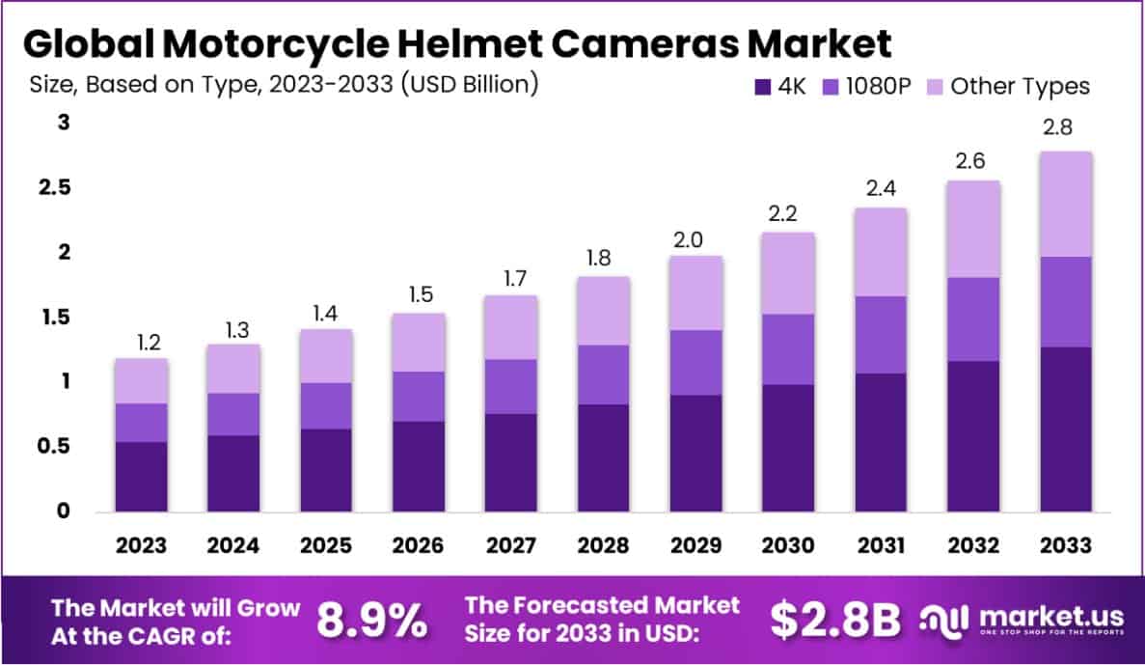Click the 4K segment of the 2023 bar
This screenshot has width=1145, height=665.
point(141,476)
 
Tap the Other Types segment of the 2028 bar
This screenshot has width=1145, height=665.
point(603,311)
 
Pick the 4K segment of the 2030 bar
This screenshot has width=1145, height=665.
point(787,447)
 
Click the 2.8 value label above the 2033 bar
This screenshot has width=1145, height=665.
point(1065,128)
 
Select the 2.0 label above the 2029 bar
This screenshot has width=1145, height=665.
point(695,236)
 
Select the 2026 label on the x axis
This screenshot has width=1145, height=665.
point(419,545)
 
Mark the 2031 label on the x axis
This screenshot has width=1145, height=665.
point(880,545)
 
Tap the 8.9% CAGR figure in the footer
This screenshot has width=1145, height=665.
point(372,622)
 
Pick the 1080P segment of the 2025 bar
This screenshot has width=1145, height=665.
point(326,405)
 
